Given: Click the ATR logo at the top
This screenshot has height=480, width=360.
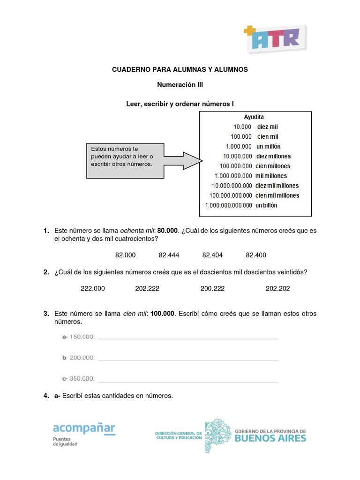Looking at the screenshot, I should pos(275,38).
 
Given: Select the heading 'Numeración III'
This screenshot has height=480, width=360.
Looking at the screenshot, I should pos(180,85).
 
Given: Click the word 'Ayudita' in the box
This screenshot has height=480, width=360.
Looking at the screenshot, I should pos(254,117).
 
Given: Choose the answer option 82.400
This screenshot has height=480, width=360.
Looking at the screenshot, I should pos(256,255).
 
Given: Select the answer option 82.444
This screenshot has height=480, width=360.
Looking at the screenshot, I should pos(169,255).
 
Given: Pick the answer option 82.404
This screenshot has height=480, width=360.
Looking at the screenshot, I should pos(212,255).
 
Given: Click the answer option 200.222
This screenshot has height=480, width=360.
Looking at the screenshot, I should pos(212,289).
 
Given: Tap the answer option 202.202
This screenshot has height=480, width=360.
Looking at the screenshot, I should pos(277,289).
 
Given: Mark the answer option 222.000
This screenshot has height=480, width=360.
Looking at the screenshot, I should pos(93,289).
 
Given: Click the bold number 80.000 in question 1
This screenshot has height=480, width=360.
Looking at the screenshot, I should pos(168,231).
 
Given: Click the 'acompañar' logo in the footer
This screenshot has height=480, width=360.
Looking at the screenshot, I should pos(84,428).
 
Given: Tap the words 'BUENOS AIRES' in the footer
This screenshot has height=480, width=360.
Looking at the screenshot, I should pos(270,438).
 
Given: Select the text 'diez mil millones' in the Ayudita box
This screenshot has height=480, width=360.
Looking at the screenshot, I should pos(277,186).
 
